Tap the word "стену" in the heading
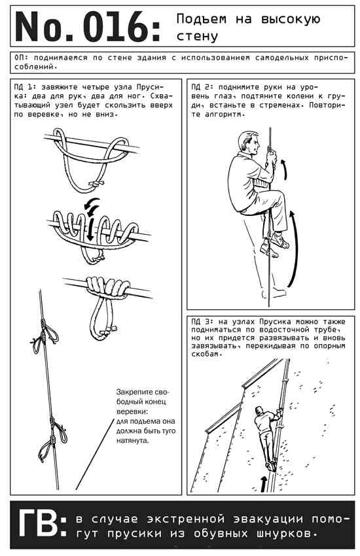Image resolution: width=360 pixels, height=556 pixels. point(197,36)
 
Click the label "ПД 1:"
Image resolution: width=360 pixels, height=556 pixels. point(25,87)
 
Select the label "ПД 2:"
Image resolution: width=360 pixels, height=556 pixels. point(202,87)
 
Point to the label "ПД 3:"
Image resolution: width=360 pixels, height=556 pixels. point(202,322)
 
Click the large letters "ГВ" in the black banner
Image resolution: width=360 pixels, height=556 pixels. point(38,524)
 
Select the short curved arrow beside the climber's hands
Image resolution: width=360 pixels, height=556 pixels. point(285,169)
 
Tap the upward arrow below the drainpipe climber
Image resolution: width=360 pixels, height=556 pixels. point(263,484)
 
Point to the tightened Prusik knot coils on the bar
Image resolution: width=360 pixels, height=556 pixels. point(107,286)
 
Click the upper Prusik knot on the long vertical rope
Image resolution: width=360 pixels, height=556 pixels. point(44,336)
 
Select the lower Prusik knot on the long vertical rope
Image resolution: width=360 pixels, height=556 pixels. point(52,438)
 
